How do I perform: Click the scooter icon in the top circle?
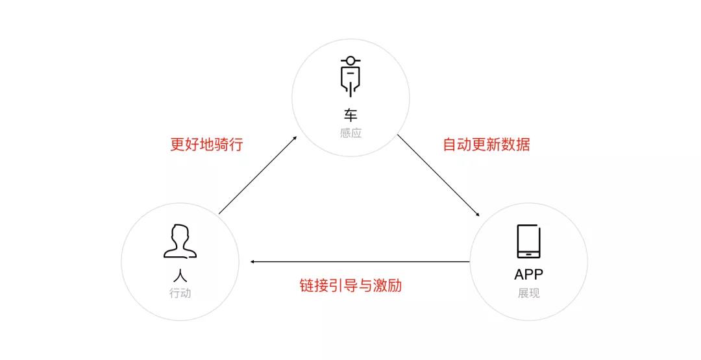click(350, 77)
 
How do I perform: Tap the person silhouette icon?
click(180, 241)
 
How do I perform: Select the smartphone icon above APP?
click(528, 242)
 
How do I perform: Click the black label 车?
click(350, 115)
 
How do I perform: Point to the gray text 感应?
click(350, 133)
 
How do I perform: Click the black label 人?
click(180, 274)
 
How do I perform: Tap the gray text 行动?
click(180, 293)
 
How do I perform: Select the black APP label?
click(529, 274)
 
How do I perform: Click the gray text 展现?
click(529, 293)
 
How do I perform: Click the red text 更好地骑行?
click(206, 144)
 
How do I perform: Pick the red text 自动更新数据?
click(486, 144)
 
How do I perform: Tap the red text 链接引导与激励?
click(350, 285)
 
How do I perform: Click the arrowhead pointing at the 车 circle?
click(295, 138)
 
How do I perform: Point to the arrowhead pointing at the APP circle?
click(477, 214)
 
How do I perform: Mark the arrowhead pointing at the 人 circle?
click(252, 262)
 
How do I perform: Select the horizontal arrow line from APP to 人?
click(360, 262)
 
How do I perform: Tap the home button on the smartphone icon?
click(528, 254)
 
